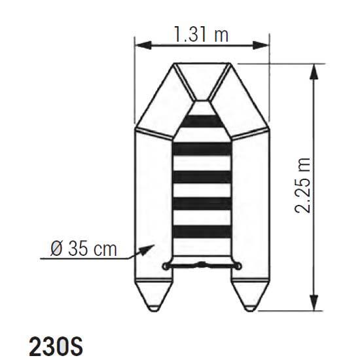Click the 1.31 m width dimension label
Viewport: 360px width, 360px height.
202,34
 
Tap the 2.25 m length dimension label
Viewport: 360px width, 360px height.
302,186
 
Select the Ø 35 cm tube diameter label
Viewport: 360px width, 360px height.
84,249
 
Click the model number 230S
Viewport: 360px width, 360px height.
56,346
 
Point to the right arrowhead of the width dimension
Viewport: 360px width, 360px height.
261,45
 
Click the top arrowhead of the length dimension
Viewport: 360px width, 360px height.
314,72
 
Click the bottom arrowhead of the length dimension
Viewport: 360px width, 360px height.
314,302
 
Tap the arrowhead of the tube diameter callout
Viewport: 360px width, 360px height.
147,250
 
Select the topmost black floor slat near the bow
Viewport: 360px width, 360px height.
202,122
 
